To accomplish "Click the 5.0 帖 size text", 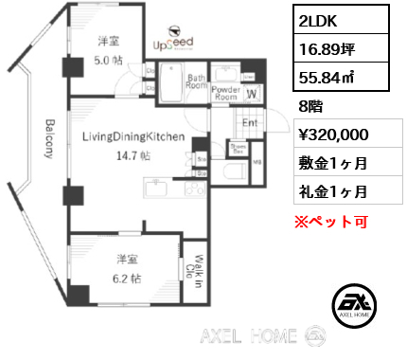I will [108, 59].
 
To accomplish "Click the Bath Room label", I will [197, 83].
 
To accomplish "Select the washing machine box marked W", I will [251, 93].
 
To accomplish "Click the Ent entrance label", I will [250, 122].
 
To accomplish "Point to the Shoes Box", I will [239, 149].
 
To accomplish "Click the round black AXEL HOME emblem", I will [356, 304].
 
